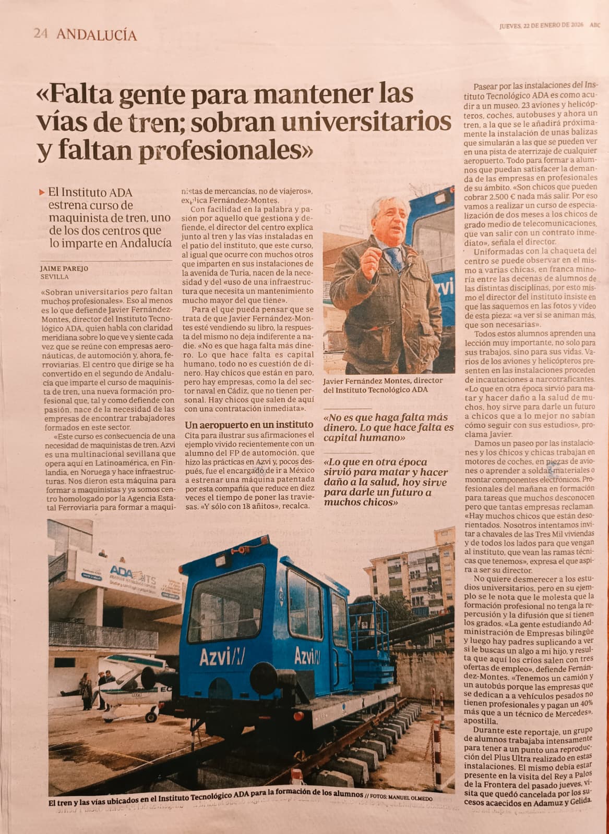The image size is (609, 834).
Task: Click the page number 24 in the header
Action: (41, 34)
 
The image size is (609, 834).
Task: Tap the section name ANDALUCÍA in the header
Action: (97, 35)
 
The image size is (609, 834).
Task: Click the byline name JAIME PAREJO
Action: (64, 268)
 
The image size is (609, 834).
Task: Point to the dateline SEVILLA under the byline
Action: (54, 277)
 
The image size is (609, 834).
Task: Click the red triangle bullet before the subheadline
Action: (42, 192)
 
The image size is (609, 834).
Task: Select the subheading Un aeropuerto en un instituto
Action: (249, 425)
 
